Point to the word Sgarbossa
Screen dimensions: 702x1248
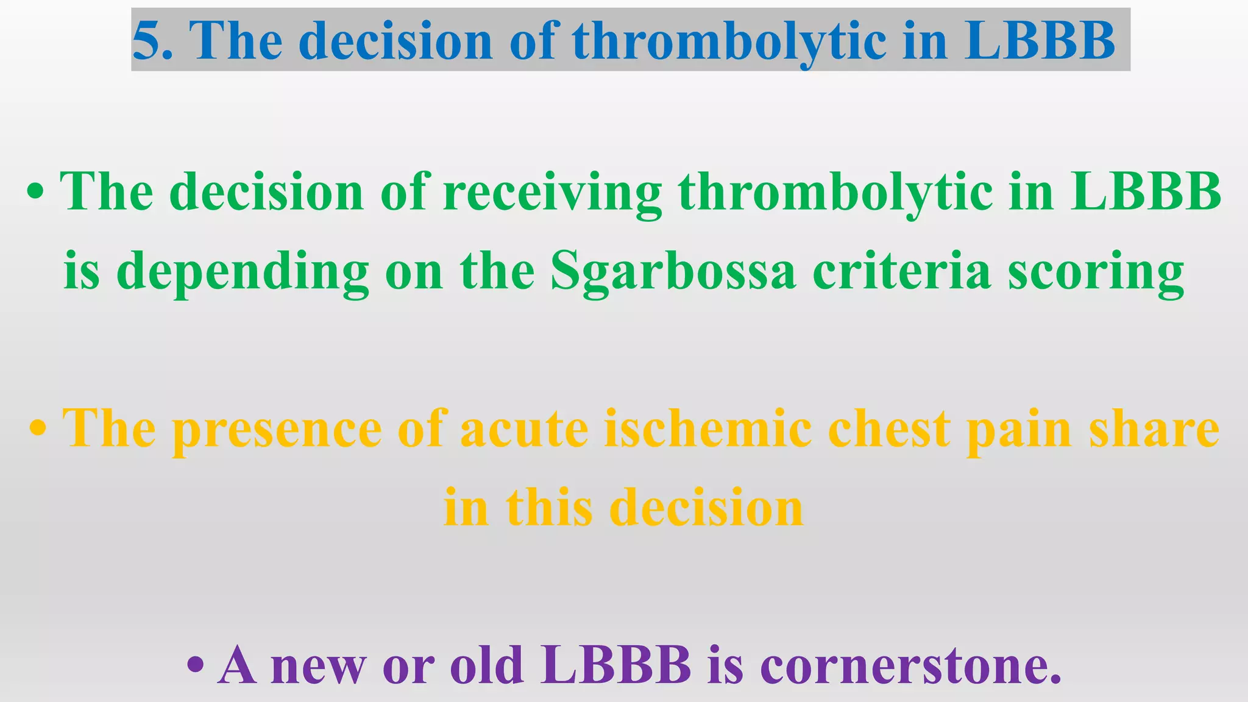pyautogui.click(x=673, y=272)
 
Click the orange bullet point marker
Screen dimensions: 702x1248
pyautogui.click(x=38, y=429)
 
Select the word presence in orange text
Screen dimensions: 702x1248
pyautogui.click(x=277, y=429)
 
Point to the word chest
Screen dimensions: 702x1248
pyautogui.click(x=889, y=429)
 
